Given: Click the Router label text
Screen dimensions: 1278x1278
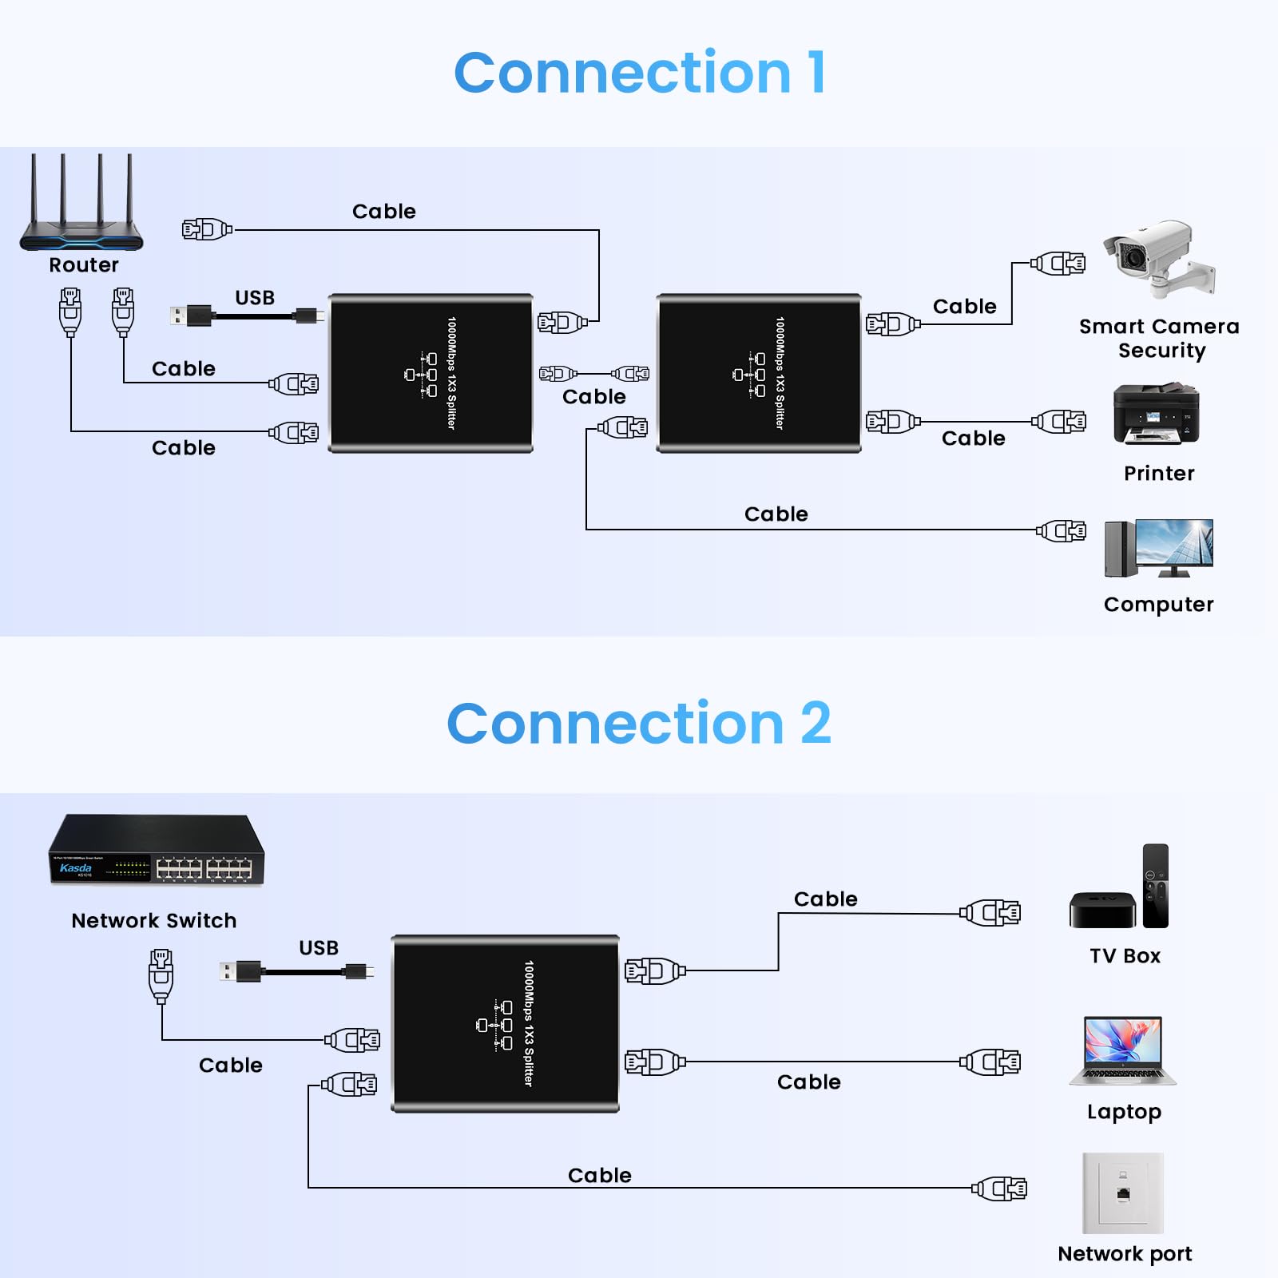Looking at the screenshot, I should tap(83, 264).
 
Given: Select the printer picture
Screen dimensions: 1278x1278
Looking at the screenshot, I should tap(1156, 414).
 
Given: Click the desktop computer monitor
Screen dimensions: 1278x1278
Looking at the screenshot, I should tap(1173, 544).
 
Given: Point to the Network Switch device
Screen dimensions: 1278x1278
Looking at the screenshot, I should tap(157, 850).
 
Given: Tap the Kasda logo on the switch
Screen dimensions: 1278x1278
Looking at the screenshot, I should tap(76, 867).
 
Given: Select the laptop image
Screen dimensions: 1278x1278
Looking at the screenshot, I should tap(1123, 1050).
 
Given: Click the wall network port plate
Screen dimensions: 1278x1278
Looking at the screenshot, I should tap(1122, 1193).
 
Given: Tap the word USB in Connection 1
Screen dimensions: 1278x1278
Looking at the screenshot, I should tap(255, 298).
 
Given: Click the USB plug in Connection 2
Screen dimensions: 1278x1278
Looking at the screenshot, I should tap(241, 971).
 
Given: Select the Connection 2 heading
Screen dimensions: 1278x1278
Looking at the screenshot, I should tap(638, 724).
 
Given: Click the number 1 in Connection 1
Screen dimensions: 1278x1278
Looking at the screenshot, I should tap(816, 73).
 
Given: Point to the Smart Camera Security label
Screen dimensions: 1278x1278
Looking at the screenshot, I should tap(1159, 338).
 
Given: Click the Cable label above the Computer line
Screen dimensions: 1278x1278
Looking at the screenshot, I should tap(776, 514).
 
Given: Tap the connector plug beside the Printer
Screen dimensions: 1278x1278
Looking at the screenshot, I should tap(1059, 421).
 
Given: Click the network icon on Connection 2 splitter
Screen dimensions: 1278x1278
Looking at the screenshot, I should tap(494, 1025).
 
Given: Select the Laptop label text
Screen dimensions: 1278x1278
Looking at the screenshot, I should tap(1124, 1112).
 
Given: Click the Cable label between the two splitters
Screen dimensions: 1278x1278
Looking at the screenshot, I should tap(593, 397).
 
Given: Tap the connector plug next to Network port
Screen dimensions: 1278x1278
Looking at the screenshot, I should tap(1000, 1189).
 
